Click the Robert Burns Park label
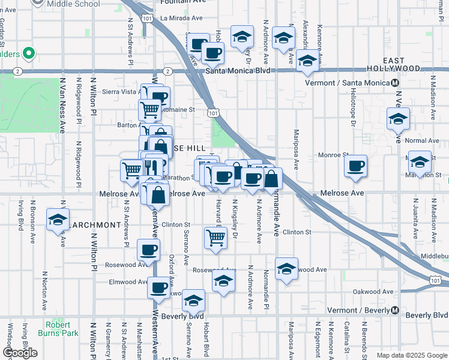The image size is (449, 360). [x=62, y=328]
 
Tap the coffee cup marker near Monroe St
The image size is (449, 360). [x=356, y=165]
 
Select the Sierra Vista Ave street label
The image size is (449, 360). [x=121, y=92]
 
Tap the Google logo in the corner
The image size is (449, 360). [x=20, y=353]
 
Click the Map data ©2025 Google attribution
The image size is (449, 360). [x=411, y=355]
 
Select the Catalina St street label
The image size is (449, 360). [x=348, y=338]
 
